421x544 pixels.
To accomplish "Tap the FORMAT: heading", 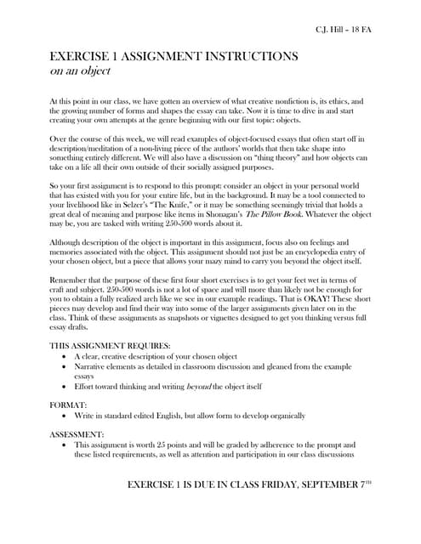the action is [70, 406].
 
